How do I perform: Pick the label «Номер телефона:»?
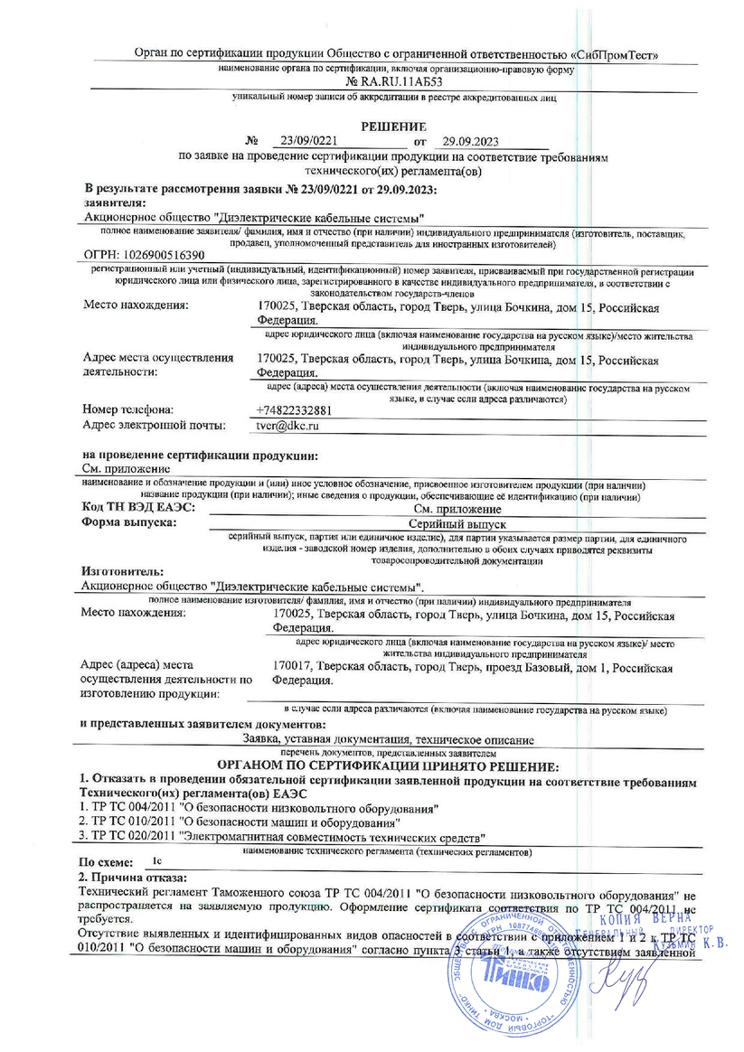pos(127,409)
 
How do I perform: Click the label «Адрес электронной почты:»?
pos(152,424)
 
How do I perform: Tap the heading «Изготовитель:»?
pos(122,572)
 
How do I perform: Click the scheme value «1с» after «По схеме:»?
pos(159,862)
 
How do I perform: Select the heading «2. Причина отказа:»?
pos(132,878)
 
